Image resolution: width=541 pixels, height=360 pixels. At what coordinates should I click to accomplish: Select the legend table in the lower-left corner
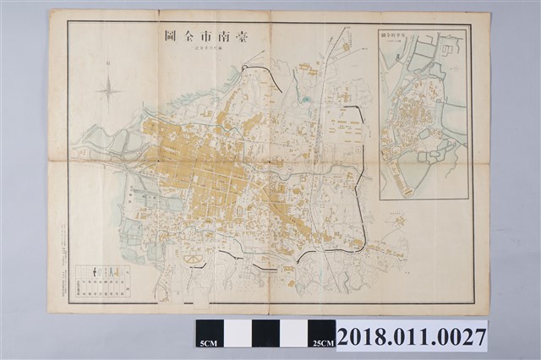pos(101,281)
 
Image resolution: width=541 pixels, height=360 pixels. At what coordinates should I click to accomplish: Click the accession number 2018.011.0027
pos(412,336)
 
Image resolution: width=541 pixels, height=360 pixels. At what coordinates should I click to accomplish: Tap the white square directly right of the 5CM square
pos(238,332)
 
